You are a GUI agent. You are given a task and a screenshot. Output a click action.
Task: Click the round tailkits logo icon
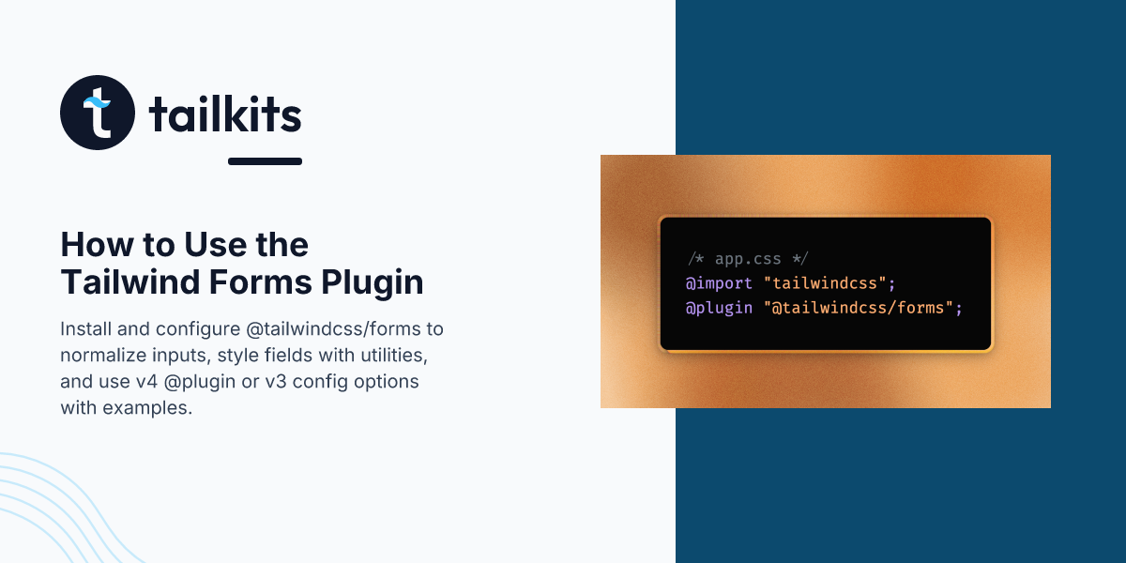98,113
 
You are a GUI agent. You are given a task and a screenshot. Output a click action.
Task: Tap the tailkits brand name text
225,114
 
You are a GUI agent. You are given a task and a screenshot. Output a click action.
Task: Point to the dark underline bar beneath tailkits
265,161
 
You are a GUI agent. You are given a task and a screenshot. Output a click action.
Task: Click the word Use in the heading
190,245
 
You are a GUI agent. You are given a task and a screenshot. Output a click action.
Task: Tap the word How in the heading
89,245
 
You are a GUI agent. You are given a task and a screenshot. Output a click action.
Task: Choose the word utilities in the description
394,357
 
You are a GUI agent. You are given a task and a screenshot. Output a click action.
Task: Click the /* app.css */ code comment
747,259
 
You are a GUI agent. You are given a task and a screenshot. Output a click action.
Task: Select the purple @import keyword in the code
719,283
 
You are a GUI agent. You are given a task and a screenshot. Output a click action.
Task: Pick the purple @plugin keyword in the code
719,308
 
